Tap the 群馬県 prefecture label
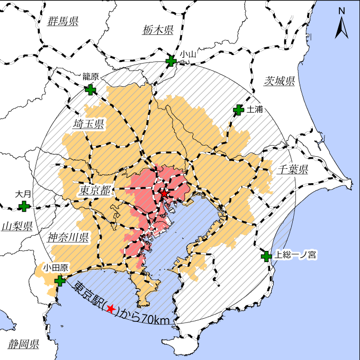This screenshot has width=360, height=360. tap(63, 21)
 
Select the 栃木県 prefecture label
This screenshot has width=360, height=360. tap(158, 30)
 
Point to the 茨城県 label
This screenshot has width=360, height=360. tap(279, 81)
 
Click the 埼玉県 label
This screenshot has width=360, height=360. tap(88, 124)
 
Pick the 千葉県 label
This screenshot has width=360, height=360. tap(292, 169)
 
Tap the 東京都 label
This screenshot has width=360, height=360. tap(95, 191)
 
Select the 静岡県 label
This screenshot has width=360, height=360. tap(23, 344)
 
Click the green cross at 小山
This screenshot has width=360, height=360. tap(171, 61)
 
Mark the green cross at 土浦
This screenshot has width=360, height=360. tap(238, 110)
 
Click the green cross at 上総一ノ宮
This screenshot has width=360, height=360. tap(266, 257)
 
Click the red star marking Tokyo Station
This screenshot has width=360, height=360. tap(164, 194)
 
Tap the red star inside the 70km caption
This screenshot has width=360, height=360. tap(111, 309)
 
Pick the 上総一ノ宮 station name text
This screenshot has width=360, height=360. tap(295, 255)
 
